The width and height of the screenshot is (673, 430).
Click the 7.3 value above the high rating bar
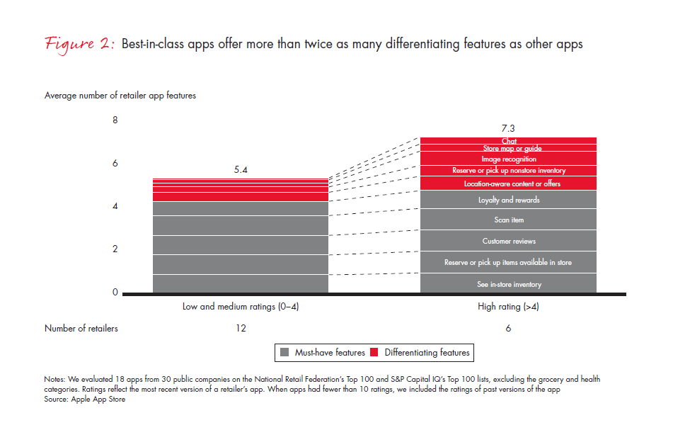508,128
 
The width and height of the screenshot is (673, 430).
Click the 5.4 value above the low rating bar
241,170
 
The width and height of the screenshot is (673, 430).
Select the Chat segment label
508,141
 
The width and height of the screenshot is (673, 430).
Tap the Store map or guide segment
508,149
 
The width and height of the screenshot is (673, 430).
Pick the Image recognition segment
508,159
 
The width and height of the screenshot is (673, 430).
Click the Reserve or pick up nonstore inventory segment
508,171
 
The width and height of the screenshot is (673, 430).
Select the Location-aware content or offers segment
508,183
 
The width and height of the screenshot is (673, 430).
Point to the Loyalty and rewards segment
508,200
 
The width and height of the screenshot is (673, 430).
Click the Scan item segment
508,220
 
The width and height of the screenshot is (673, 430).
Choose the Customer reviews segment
508,242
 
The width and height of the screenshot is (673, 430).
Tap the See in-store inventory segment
508,284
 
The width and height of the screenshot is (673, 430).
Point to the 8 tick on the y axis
115,120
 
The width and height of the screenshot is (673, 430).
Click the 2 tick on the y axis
115,249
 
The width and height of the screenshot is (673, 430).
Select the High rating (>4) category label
508,307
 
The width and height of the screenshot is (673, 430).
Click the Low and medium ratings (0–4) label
241,307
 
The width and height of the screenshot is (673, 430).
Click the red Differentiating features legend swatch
375,352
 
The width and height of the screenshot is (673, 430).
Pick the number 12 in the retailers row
241,328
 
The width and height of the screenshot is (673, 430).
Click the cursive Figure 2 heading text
79,44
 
